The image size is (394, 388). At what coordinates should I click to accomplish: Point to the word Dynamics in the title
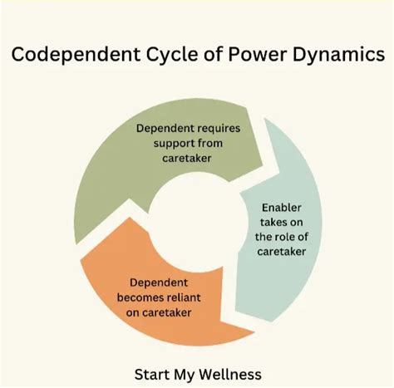(x=341, y=55)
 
